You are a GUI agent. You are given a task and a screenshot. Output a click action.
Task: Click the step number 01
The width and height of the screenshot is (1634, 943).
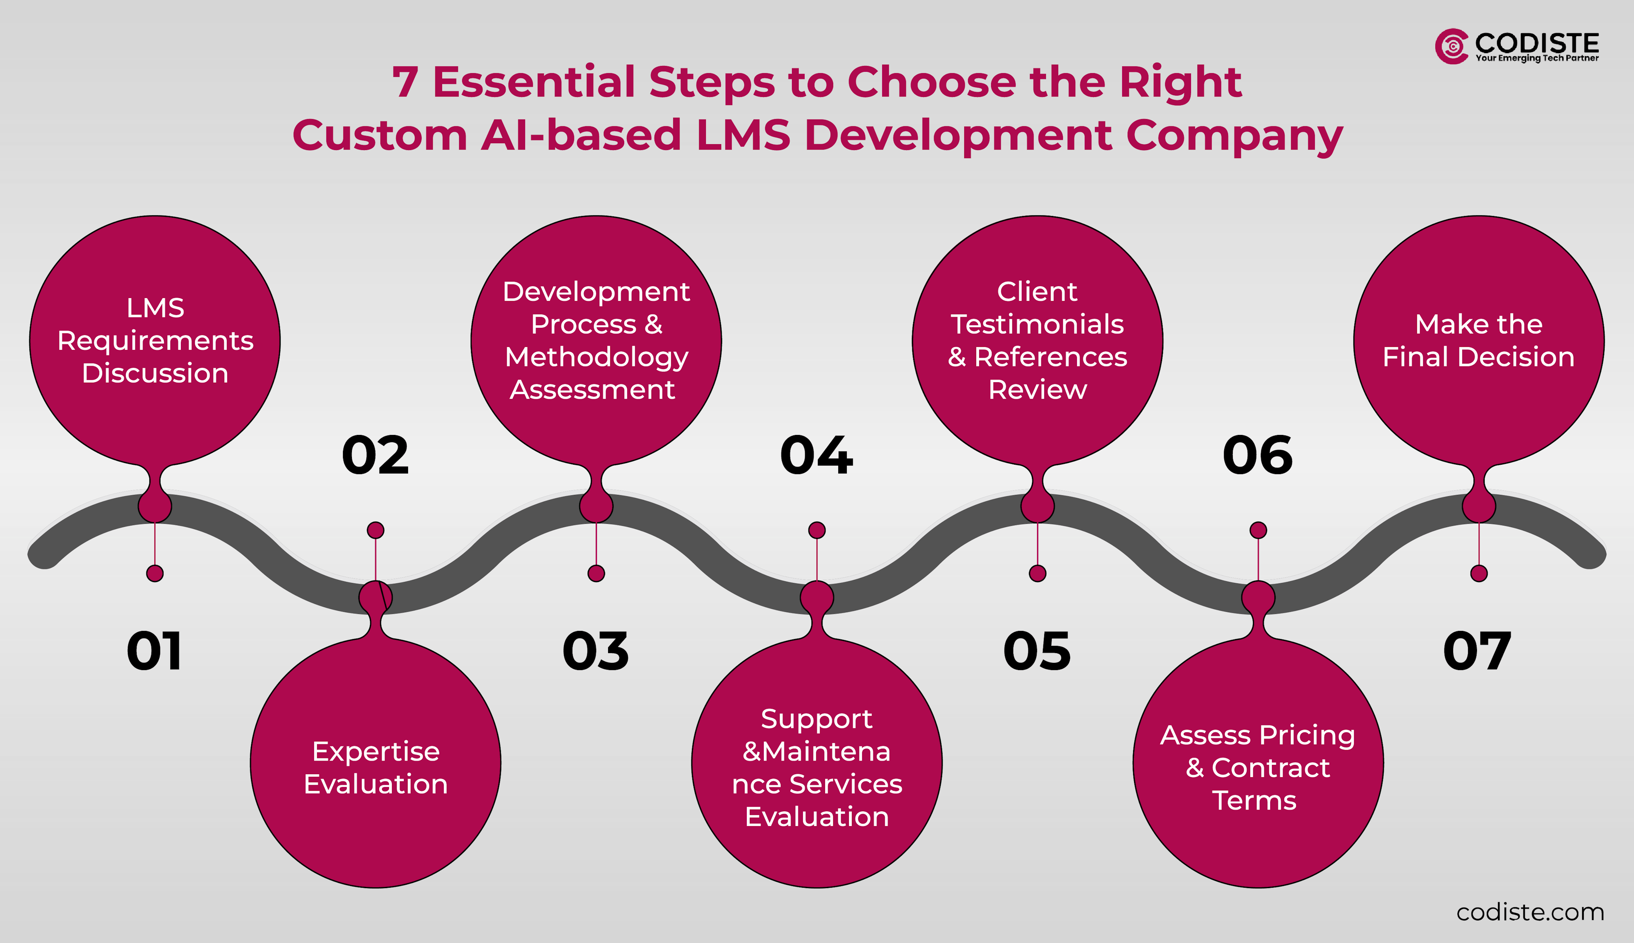tap(154, 651)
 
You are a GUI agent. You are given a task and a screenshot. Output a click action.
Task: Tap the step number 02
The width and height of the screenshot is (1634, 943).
tap(375, 455)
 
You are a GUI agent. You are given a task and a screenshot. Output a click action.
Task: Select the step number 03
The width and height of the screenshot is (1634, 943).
tap(596, 651)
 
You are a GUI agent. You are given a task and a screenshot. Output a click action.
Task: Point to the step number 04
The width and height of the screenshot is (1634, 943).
tap(817, 455)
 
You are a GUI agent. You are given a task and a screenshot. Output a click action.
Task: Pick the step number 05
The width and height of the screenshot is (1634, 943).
tap(1037, 651)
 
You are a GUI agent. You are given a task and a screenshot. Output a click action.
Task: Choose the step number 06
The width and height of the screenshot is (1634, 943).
tap(1258, 455)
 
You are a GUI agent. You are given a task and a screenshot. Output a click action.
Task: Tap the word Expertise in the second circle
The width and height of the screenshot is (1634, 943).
tap(375, 751)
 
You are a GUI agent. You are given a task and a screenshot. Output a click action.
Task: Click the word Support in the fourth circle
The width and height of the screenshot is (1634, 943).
tap(816, 719)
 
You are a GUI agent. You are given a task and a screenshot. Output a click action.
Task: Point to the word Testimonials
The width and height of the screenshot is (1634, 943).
tap(1037, 324)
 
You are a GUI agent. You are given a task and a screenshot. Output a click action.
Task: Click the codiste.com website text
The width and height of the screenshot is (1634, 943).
tap(1530, 912)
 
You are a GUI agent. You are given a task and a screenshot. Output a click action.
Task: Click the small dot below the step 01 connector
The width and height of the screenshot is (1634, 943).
tap(155, 573)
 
